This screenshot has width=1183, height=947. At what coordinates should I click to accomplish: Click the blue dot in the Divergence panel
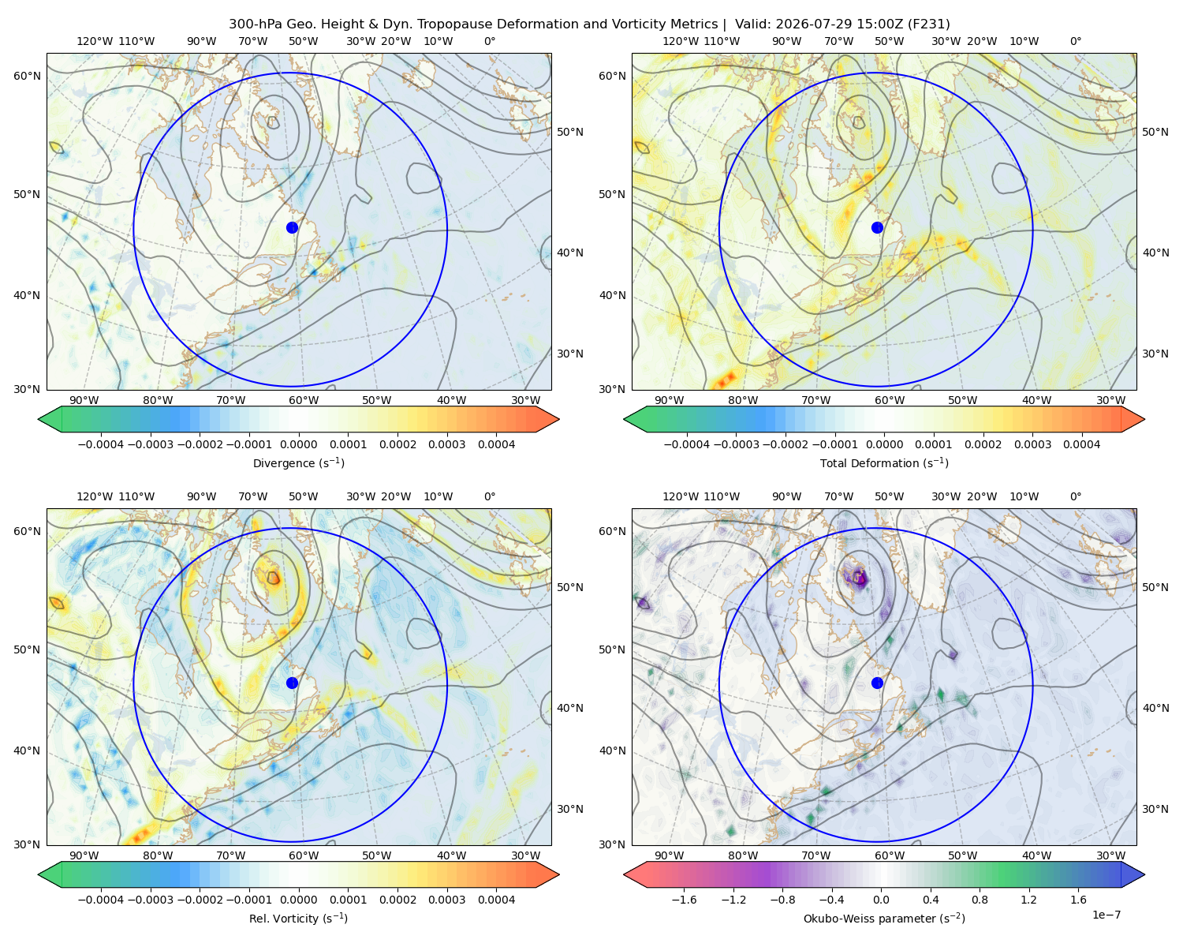click(292, 227)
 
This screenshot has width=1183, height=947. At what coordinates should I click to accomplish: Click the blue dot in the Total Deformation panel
click(877, 227)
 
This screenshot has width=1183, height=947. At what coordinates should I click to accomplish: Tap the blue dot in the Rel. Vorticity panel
click(292, 683)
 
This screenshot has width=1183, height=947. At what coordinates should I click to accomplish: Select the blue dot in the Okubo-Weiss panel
click(877, 683)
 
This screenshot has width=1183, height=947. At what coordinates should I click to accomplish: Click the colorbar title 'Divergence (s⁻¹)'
click(298, 462)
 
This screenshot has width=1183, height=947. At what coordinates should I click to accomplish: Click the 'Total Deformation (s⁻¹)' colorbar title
click(884, 462)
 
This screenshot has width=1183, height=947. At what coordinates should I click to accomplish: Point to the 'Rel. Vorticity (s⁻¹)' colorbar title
click(298, 918)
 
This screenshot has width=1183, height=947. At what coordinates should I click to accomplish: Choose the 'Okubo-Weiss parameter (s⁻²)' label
click(884, 918)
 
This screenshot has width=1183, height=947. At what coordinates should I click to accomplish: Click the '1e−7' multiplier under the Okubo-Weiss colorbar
click(1106, 915)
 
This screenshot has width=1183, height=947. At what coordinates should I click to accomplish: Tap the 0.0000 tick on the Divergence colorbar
click(298, 444)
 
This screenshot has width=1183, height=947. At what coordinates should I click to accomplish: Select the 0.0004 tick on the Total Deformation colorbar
click(1081, 444)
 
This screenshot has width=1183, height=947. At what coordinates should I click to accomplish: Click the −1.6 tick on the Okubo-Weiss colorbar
click(684, 899)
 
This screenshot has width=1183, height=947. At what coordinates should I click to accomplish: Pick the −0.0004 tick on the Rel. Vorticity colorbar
click(101, 899)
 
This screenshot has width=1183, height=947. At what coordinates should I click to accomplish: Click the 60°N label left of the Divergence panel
click(27, 76)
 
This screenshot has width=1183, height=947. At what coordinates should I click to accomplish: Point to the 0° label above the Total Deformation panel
click(1075, 41)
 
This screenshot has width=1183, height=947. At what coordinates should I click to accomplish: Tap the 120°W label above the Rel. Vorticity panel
click(95, 496)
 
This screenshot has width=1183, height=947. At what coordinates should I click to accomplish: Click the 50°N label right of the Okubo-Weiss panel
click(1155, 587)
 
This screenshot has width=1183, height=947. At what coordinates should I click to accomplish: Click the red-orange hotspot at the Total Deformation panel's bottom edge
click(726, 380)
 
